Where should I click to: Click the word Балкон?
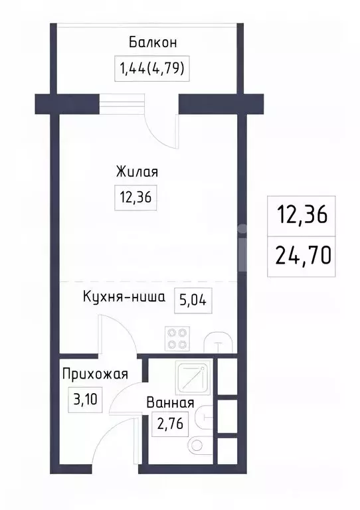coord(153,44)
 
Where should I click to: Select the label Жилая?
coord(137,172)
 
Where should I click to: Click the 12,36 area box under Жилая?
coord(136,197)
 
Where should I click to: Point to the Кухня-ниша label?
coord(124,297)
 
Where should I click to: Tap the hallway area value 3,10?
coord(84,400)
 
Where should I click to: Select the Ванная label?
coord(171,402)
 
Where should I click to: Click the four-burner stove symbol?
coord(177,339)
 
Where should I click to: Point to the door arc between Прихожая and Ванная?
coord(126,405)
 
